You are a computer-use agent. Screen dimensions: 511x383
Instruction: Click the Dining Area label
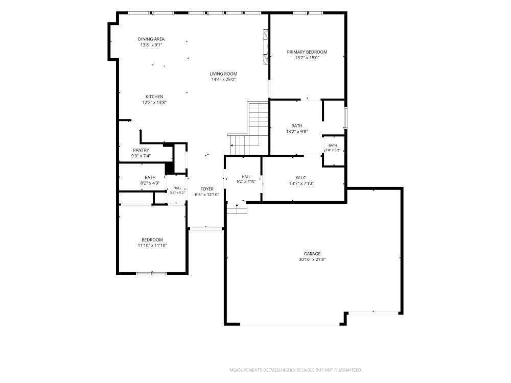[x=151, y=39]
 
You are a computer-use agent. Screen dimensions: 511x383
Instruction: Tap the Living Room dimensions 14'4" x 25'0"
[x=224, y=80]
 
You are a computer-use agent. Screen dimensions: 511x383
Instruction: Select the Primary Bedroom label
[x=307, y=52]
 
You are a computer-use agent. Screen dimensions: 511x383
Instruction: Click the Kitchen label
[x=154, y=97]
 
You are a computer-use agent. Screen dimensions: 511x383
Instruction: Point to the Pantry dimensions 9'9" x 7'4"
[x=141, y=156]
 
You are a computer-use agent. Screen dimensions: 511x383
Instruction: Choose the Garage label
[x=312, y=254]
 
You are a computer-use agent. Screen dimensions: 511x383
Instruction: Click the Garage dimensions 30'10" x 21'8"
[x=312, y=259]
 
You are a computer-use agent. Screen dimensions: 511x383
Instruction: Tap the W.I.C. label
[x=301, y=178]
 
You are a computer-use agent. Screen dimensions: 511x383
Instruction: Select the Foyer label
[x=207, y=189]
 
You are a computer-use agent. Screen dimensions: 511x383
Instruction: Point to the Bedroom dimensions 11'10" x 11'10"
[x=152, y=246]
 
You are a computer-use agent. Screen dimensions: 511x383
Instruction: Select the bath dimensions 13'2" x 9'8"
[x=297, y=132]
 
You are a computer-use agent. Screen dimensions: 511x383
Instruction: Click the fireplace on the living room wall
[x=266, y=46]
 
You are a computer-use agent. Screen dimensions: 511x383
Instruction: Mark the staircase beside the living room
[x=249, y=129]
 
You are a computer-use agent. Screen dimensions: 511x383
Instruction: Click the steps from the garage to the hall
[x=237, y=209]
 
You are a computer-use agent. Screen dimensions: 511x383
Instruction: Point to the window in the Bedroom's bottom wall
[x=152, y=274]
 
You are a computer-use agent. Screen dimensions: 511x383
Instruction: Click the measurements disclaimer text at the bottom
[x=295, y=370]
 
